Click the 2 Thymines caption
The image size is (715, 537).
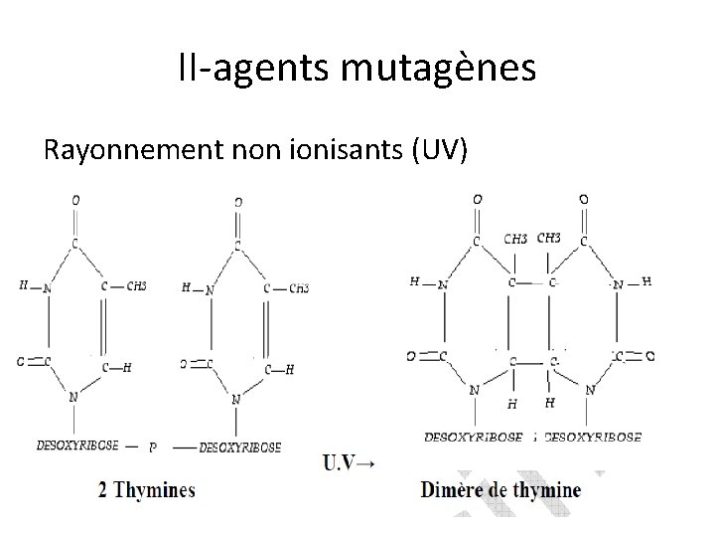tap(147, 489)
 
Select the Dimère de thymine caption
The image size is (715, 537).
tap(501, 489)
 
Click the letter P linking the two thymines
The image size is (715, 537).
tap(152, 448)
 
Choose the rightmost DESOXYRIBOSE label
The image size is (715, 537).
tap(593, 437)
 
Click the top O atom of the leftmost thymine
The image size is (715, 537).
tap(75, 200)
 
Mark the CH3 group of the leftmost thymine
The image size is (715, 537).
tap(136, 286)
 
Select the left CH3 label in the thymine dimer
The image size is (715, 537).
tap(515, 239)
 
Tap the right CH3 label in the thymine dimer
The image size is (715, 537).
tap(548, 238)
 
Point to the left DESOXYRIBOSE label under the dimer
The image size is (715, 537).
tap(474, 437)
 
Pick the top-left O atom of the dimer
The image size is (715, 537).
tap(478, 199)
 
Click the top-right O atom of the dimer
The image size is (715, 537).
tap(582, 199)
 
